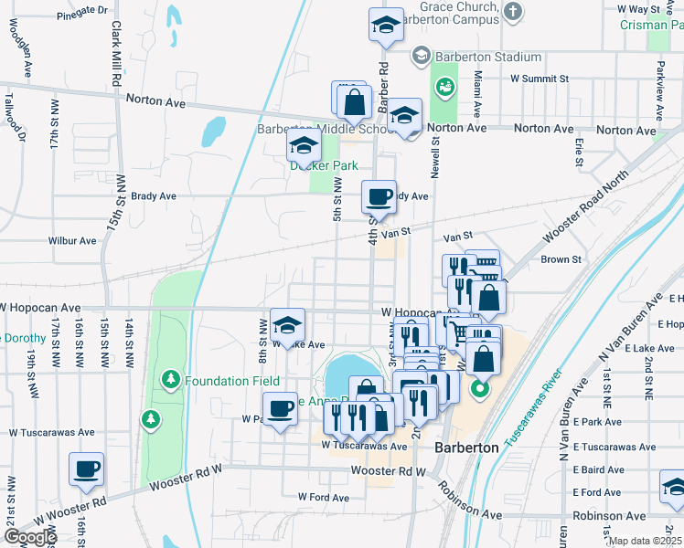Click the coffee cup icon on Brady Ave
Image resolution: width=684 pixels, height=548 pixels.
pos(379,195)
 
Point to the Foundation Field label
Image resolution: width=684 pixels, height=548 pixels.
pos(230,381)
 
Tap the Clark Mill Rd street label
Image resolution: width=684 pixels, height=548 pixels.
pos(117,55)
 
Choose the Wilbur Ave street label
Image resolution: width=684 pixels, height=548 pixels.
pos(72,241)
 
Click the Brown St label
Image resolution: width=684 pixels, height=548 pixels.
pos(561,259)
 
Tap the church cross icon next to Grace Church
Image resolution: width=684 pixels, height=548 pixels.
pos(514,12)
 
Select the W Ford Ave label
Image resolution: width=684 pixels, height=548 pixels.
pos(324,497)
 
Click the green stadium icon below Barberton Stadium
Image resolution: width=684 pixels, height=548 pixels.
pos(445,87)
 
